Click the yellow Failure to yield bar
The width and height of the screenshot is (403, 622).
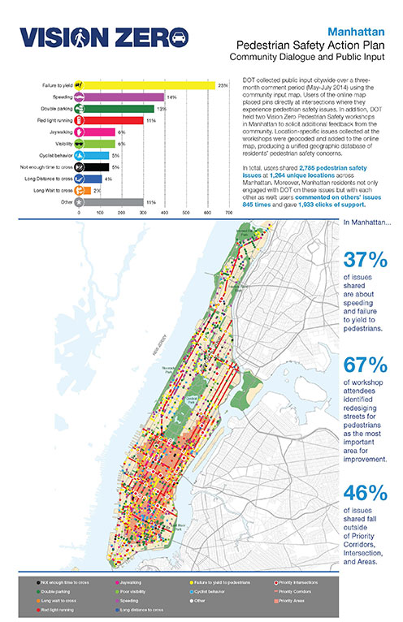point(146,84)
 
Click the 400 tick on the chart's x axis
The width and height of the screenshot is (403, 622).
point(164,212)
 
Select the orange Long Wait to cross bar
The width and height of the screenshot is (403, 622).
point(84,190)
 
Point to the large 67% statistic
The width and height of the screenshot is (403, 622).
point(368,365)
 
